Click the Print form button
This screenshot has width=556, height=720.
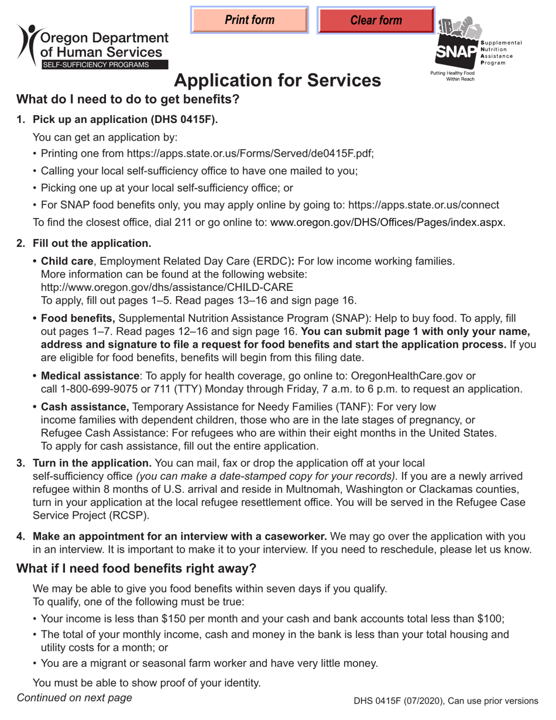click(249, 20)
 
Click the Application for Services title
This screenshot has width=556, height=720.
click(277, 80)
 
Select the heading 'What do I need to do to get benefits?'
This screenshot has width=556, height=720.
click(128, 99)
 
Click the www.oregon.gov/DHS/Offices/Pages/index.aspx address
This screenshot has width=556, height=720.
click(387, 222)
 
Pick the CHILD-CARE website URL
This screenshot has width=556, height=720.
click(167, 287)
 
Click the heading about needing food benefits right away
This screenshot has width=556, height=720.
click(136, 568)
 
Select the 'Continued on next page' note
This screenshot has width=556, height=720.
click(74, 697)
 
